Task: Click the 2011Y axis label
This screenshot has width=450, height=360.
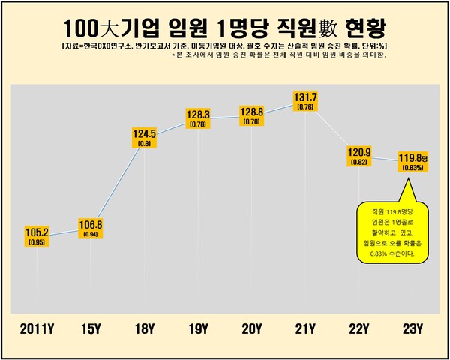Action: point(37,328)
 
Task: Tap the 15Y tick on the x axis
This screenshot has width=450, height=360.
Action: point(91,328)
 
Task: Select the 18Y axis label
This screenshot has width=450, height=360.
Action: point(145,328)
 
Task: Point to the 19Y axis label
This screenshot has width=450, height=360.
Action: point(199,328)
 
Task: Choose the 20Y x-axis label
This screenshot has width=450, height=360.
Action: point(252,328)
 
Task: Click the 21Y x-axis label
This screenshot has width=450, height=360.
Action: point(306,328)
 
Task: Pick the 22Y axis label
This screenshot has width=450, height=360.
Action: point(359,328)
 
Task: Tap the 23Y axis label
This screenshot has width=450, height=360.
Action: point(412,328)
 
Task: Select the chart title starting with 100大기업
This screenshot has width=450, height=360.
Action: point(224,28)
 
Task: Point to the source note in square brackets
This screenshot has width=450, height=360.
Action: point(224,46)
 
